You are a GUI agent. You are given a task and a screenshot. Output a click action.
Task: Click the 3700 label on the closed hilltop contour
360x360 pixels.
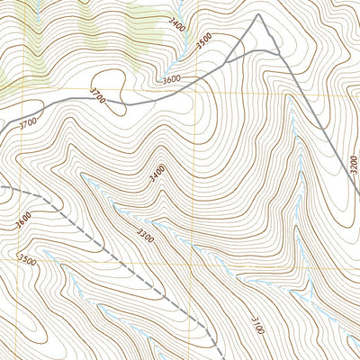tap(98, 96)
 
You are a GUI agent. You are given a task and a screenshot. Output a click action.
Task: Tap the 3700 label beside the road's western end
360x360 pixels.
tap(27, 121)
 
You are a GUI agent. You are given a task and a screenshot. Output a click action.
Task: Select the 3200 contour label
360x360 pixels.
tap(351, 167)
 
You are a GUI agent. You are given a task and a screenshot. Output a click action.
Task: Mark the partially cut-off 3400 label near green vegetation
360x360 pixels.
tap(176, 25)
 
